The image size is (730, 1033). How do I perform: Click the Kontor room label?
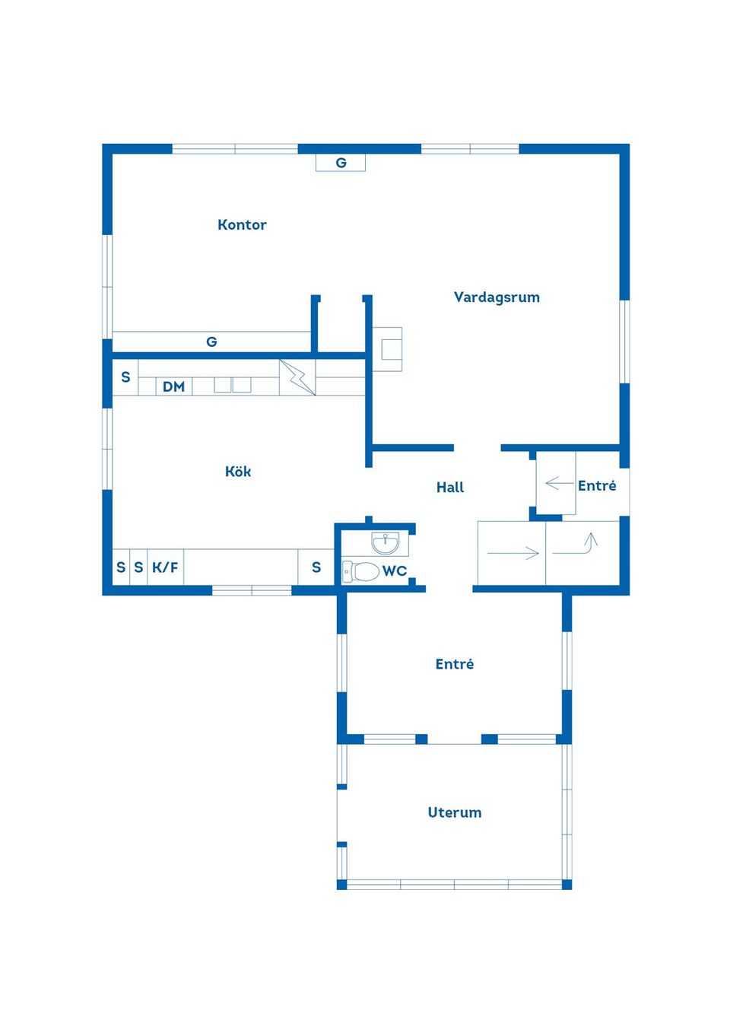[242, 224]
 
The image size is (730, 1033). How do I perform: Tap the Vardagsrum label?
[497, 297]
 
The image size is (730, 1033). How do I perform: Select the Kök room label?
[238, 472]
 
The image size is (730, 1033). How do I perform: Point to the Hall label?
[450, 488]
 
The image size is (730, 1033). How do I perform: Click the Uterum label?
[455, 812]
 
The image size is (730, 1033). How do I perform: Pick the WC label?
[395, 571]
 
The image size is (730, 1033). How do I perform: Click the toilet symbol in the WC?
[360, 571]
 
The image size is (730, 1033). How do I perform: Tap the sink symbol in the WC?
[386, 543]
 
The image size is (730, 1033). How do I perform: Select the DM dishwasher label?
[173, 386]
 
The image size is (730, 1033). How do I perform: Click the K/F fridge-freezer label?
[165, 567]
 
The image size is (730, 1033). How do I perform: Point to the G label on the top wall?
[341, 163]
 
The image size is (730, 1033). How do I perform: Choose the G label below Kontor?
[211, 342]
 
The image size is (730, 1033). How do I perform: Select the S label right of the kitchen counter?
[316, 567]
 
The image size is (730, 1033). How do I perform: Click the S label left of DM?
[125, 377]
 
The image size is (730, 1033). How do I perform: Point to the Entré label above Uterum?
[455, 664]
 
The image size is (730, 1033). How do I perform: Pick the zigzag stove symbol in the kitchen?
[297, 377]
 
